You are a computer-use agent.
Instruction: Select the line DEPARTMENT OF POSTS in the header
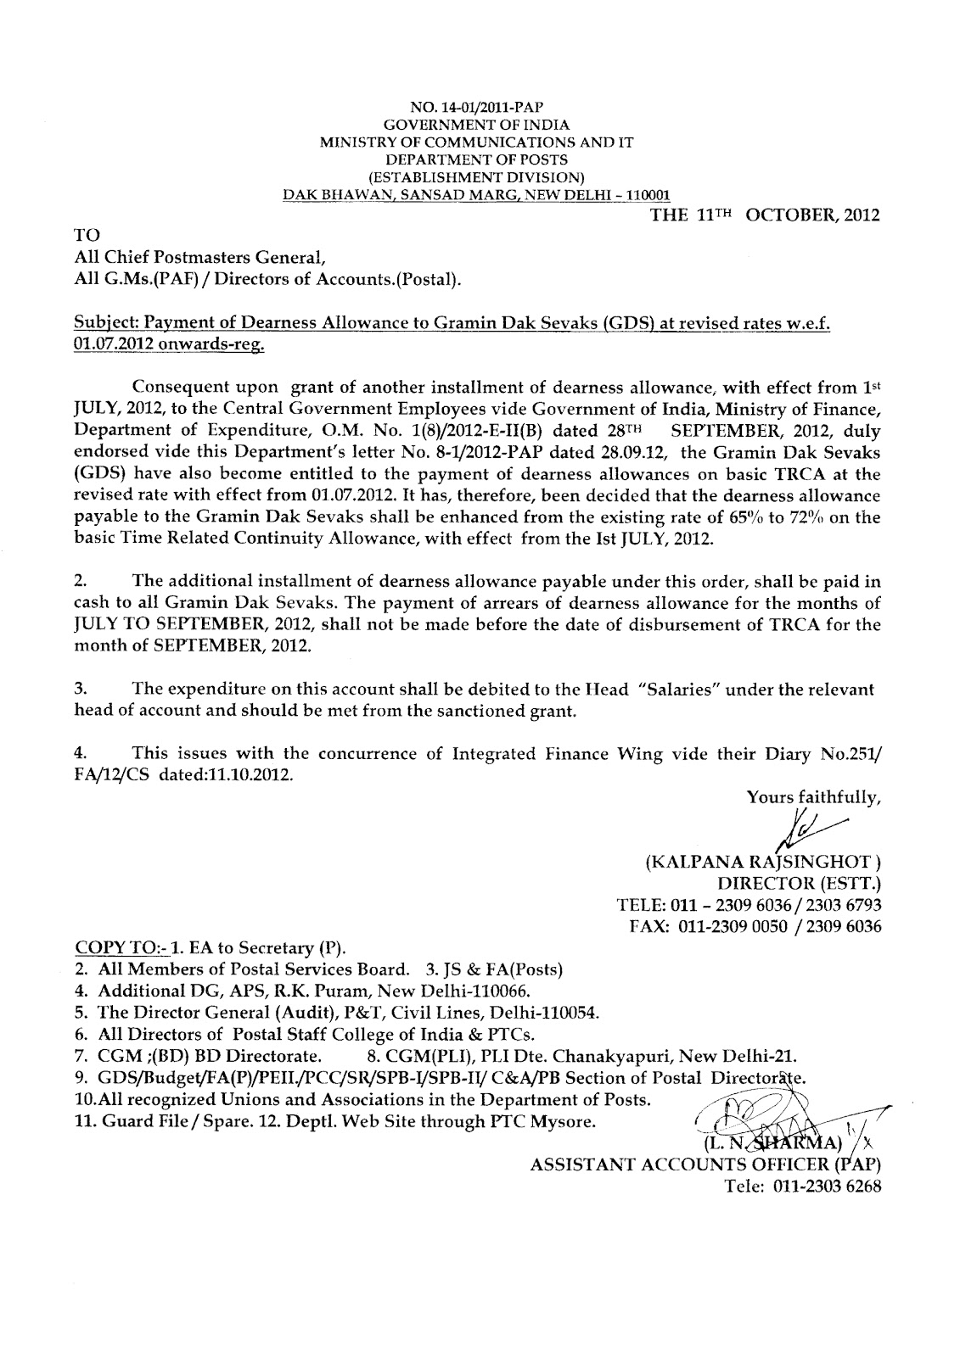click(x=476, y=159)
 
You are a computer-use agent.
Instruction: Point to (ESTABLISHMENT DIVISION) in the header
click(x=476, y=176)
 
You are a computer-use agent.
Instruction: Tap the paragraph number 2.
click(x=81, y=582)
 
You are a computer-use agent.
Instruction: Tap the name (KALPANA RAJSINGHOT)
click(x=762, y=864)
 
